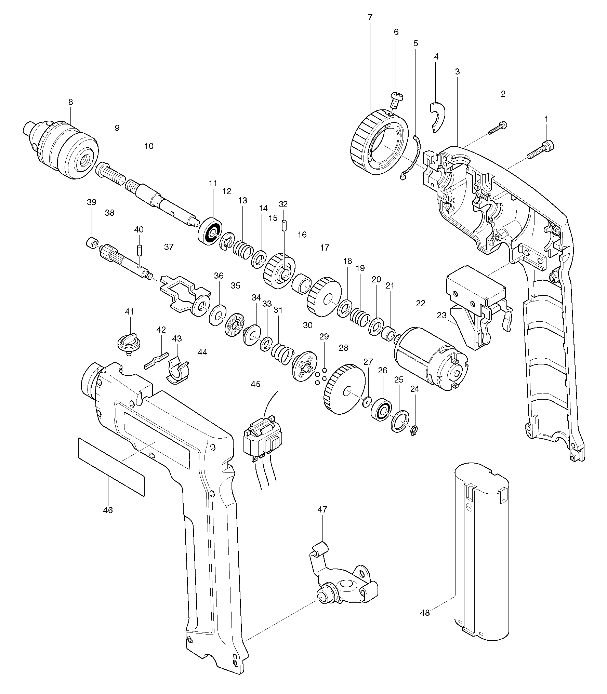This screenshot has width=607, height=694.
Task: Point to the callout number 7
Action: pos(370,17)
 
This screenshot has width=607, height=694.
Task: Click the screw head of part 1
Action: pos(549,146)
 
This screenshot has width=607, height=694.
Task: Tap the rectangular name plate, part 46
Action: pos(111,466)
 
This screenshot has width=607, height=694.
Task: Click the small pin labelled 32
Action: pos(283,226)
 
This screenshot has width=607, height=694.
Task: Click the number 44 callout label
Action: pos(202,352)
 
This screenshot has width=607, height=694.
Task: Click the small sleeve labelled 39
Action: pos(91,243)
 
